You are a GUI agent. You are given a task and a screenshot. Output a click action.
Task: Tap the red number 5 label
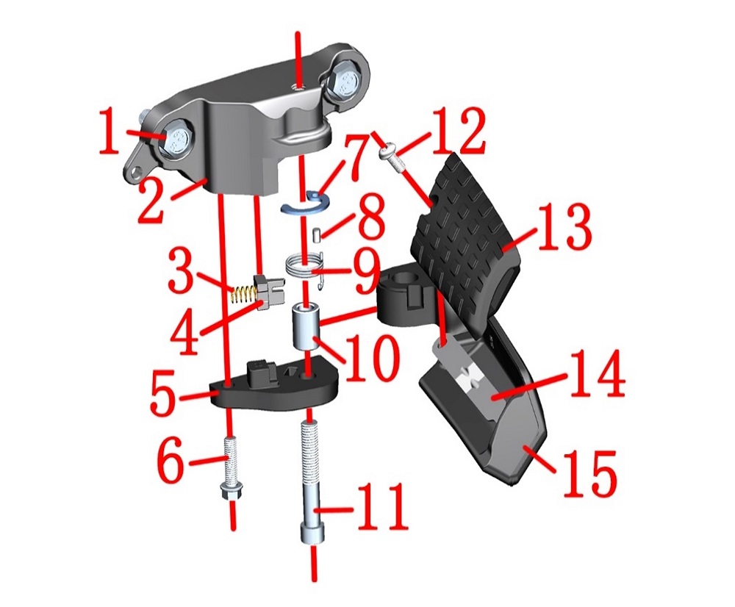(164, 393)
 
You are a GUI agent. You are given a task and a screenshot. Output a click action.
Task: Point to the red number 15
(589, 473)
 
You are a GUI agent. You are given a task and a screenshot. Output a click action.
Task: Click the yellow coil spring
(243, 295)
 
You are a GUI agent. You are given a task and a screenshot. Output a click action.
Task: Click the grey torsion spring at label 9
(306, 267)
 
